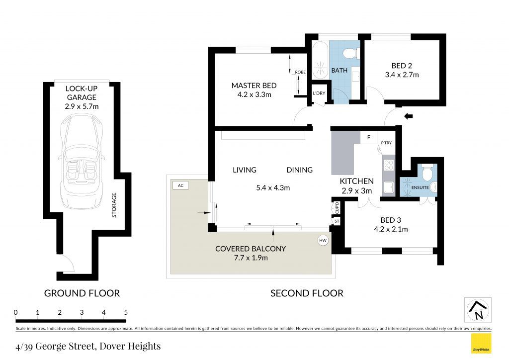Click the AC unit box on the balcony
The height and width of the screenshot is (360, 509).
(181, 185)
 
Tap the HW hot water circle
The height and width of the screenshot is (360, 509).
(323, 240)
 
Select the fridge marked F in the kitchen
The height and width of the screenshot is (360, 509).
(369, 137)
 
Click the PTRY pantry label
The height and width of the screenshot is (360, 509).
(386, 143)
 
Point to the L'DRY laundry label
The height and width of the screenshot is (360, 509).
(319, 93)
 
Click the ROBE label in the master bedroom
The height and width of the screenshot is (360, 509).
(300, 72)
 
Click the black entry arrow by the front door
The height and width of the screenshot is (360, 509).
(408, 116)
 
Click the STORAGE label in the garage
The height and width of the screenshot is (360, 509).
(114, 205)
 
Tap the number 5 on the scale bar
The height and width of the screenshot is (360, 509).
(126, 312)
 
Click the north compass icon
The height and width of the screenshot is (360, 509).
(478, 310)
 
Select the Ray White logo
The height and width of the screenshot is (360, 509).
(481, 344)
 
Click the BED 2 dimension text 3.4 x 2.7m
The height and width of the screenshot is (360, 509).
(402, 75)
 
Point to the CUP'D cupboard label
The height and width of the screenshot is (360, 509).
(337, 208)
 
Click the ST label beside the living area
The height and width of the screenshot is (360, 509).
(337, 221)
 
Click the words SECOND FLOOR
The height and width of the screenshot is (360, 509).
(307, 293)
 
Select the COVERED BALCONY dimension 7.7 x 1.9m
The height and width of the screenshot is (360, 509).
(251, 258)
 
